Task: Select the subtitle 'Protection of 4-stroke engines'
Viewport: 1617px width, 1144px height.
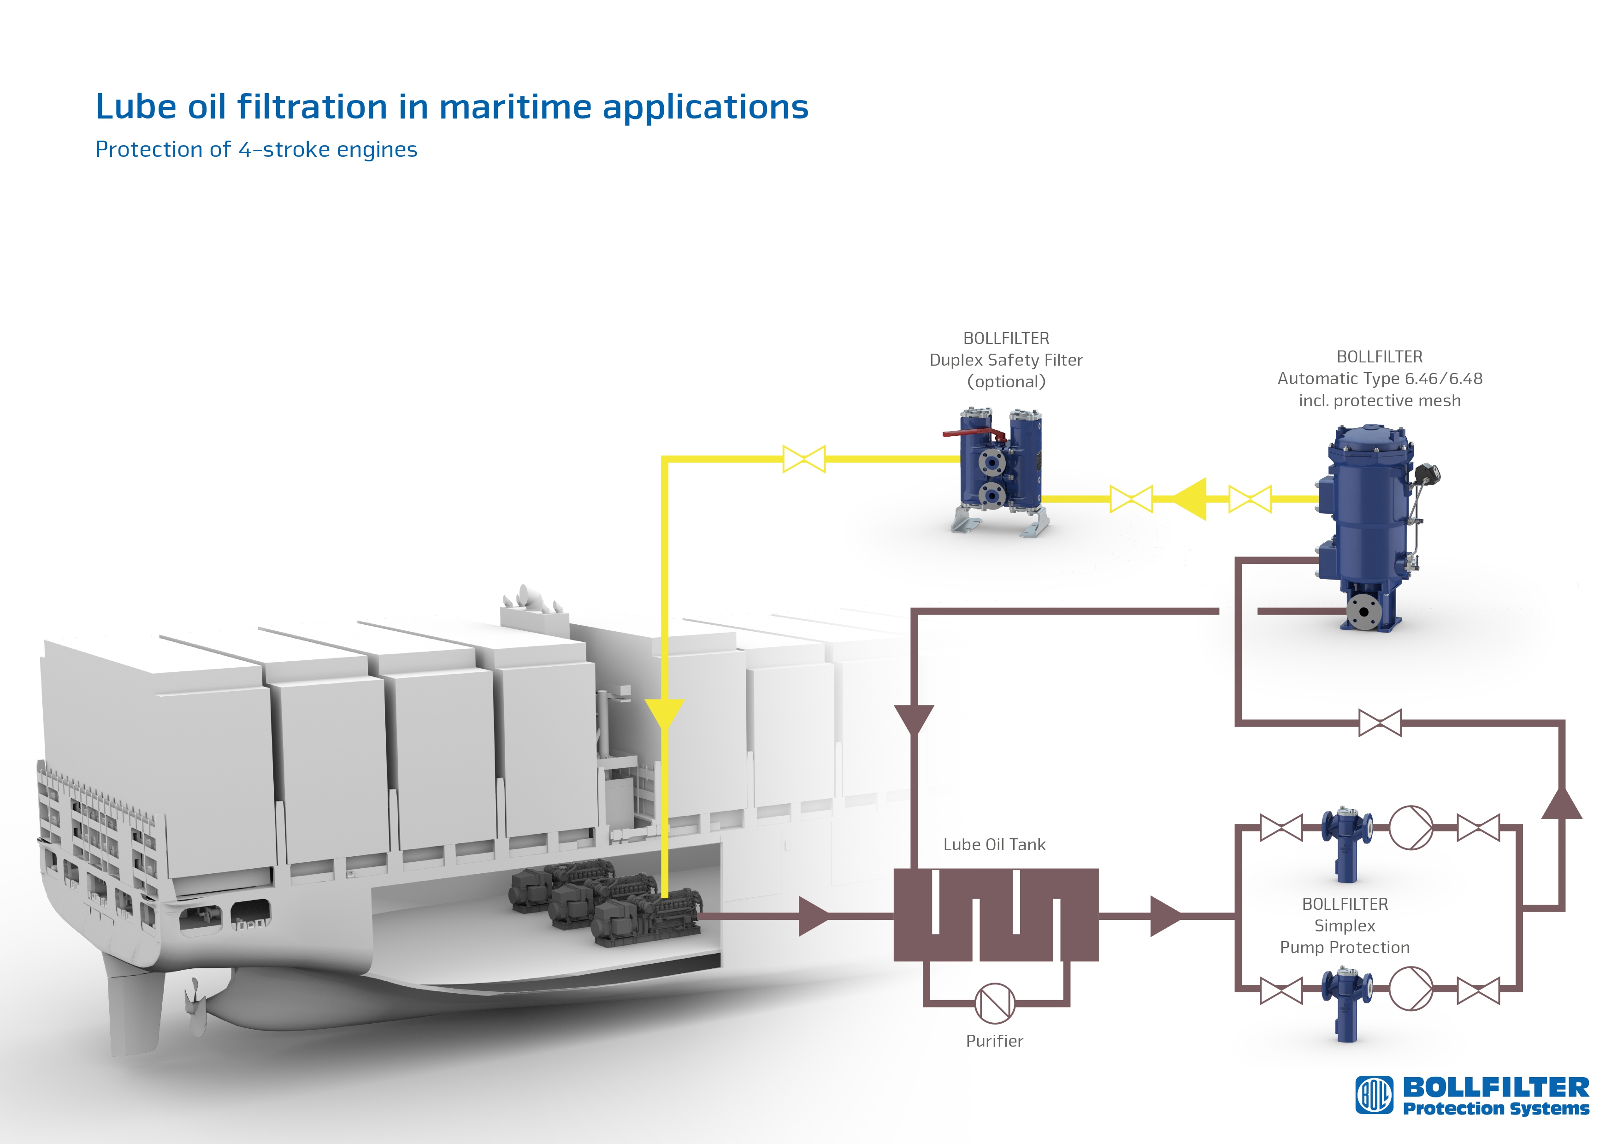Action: (x=256, y=149)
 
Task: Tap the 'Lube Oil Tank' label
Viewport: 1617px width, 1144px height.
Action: (x=994, y=845)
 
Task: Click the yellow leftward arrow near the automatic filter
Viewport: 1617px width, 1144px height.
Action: (x=1190, y=499)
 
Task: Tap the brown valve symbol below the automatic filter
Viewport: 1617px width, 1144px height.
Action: (x=1380, y=723)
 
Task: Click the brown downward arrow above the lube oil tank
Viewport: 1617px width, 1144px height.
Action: (x=914, y=720)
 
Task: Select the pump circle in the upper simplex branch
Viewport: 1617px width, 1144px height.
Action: (x=1410, y=828)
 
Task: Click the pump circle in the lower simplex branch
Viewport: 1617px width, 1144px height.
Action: (x=1410, y=989)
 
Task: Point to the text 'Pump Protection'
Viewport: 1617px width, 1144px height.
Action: (x=1345, y=948)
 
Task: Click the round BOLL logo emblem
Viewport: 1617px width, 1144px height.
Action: (x=1375, y=1096)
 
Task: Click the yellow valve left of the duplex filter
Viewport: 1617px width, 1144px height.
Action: (x=803, y=459)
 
